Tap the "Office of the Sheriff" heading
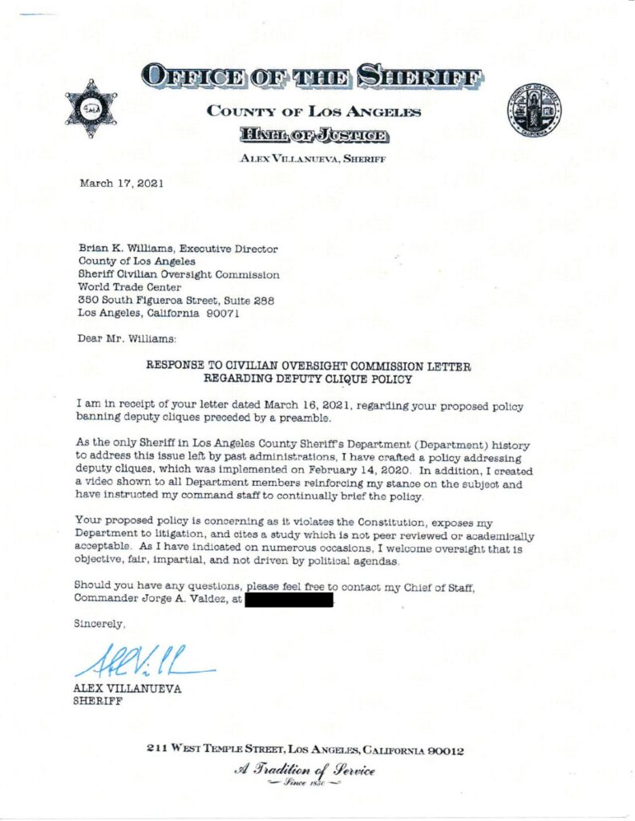tap(313, 78)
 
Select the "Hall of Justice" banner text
tap(313, 135)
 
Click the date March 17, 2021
tap(121, 184)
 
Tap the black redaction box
tap(288, 599)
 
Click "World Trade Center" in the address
tap(129, 287)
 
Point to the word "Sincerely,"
tap(100, 623)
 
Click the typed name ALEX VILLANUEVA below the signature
tap(127, 689)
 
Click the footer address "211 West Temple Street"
tap(216, 750)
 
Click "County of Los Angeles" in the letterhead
tap(313, 111)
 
